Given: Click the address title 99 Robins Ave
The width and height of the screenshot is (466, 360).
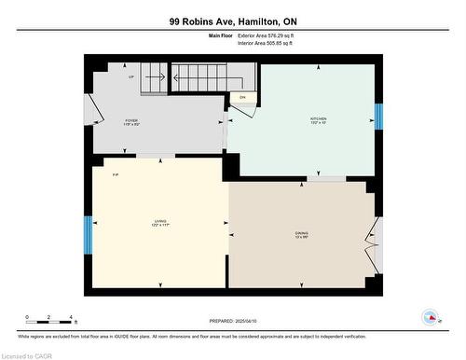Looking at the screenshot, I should click(x=232, y=21).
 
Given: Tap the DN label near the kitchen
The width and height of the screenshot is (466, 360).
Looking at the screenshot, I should click(x=242, y=97).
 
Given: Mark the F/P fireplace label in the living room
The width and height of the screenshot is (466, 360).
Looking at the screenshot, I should click(x=116, y=175).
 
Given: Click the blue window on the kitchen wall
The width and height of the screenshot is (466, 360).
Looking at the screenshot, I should click(x=378, y=117).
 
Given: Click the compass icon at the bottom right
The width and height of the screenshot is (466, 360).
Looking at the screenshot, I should click(x=430, y=318).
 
